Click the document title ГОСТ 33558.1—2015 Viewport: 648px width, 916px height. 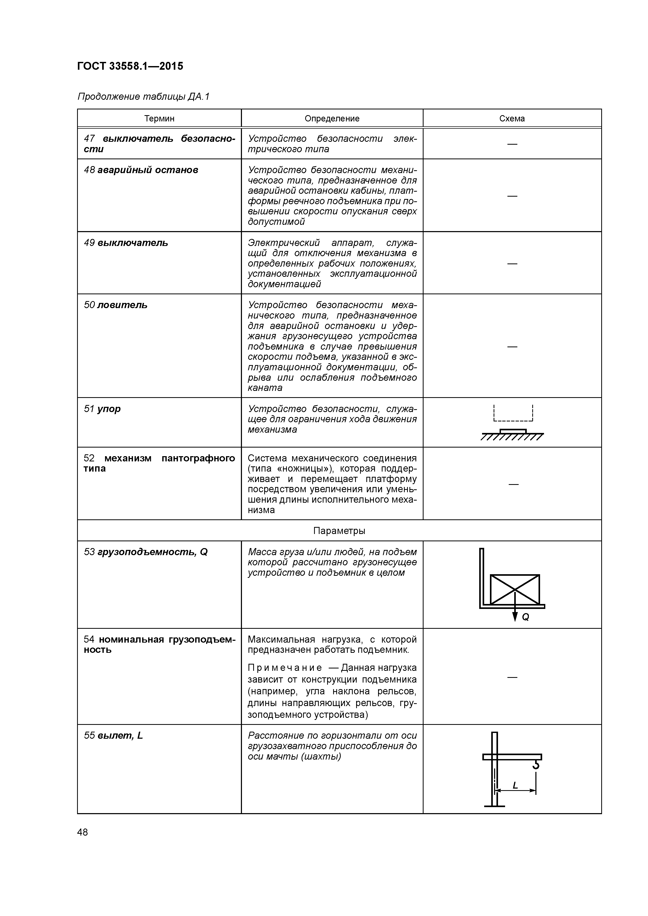[130, 66]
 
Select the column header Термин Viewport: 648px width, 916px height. [159, 119]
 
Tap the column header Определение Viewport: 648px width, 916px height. [332, 119]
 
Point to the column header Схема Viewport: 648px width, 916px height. [512, 119]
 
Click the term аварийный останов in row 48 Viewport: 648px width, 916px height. [147, 170]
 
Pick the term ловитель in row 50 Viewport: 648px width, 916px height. [122, 305]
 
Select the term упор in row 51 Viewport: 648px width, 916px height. [109, 409]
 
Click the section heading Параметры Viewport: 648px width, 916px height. [339, 531]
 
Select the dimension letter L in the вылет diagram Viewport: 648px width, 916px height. [515, 785]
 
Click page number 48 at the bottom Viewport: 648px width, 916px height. [83, 832]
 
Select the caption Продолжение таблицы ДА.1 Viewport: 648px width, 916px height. [143, 97]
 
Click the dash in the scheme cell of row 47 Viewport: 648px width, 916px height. [512, 144]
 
